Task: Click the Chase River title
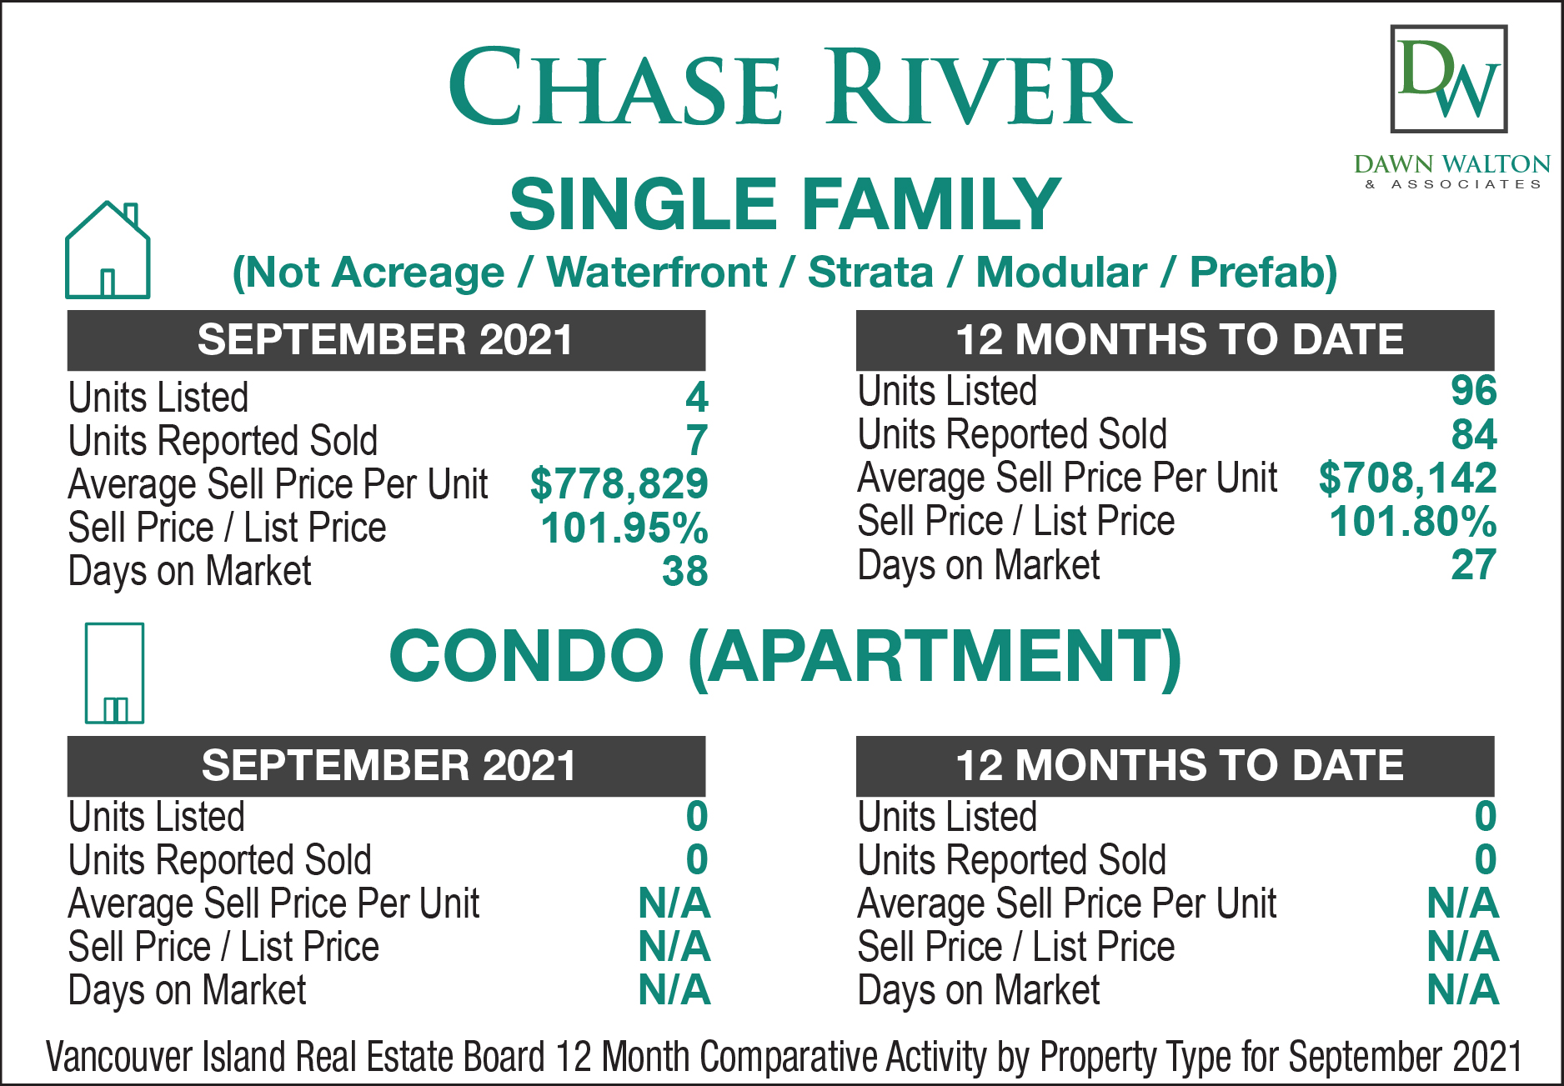tap(790, 87)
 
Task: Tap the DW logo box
tap(1449, 79)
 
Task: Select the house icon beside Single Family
tap(108, 249)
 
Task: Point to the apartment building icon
tap(114, 673)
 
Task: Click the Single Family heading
tap(785, 204)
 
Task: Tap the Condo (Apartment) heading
tap(785, 656)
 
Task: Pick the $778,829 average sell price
tap(619, 484)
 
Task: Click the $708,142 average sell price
tap(1407, 478)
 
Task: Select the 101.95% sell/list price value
tap(624, 528)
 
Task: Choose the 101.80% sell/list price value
tap(1413, 522)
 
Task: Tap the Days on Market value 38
tap(685, 572)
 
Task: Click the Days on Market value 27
tap(1474, 565)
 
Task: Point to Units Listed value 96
tap(1474, 391)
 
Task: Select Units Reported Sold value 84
tap(1474, 434)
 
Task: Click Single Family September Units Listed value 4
tap(697, 397)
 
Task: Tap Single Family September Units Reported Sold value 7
tap(698, 441)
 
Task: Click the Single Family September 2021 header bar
tap(386, 340)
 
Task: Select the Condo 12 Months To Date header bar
tap(1175, 766)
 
